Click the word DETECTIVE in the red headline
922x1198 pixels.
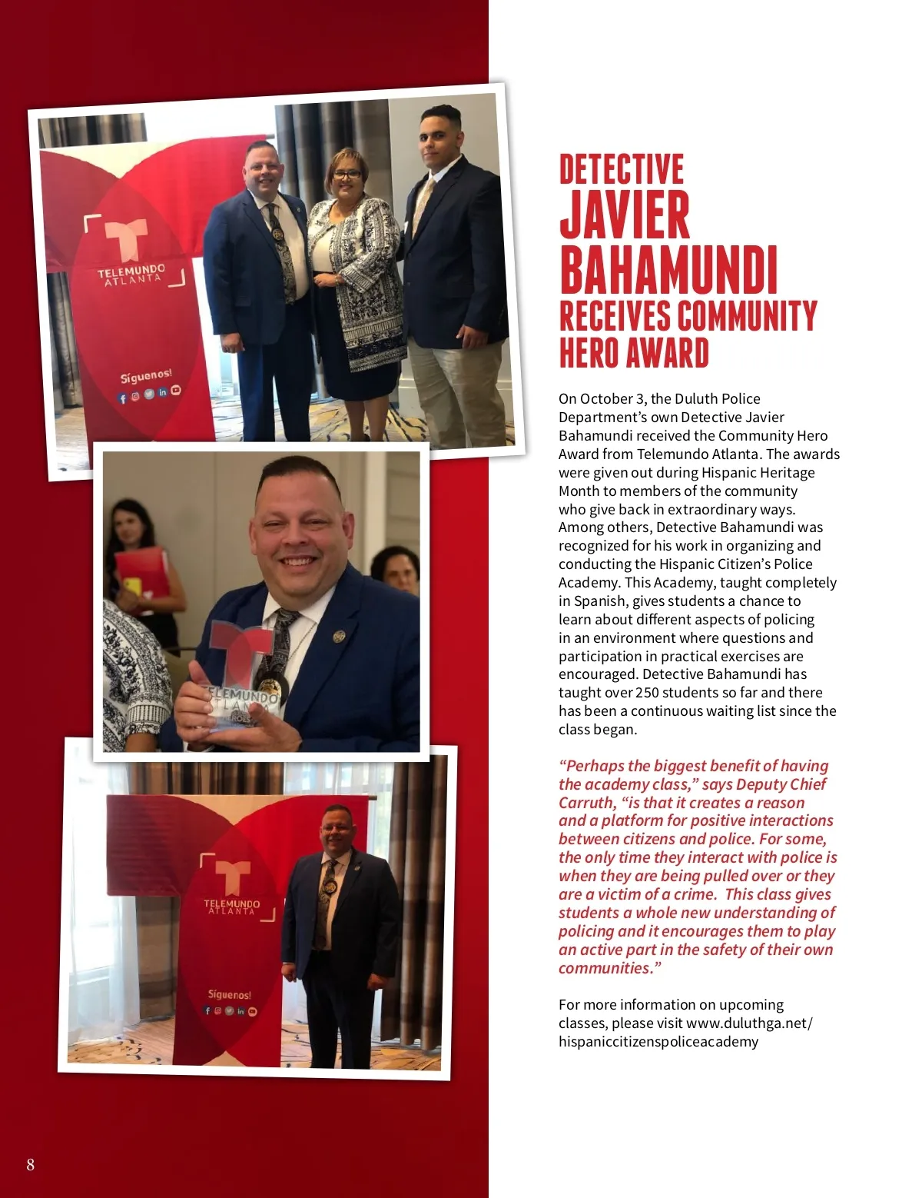click(x=621, y=170)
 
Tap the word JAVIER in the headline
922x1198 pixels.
click(x=624, y=215)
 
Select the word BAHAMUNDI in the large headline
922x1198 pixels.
click(x=668, y=271)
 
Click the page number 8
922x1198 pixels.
click(x=31, y=1164)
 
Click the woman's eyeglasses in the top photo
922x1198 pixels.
click(x=347, y=175)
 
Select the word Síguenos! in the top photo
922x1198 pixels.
click(x=145, y=376)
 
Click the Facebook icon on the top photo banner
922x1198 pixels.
click(x=122, y=398)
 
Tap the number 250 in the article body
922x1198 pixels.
click(x=647, y=693)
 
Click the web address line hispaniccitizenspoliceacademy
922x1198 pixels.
click(x=658, y=1042)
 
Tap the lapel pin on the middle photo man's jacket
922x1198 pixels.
click(x=338, y=636)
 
